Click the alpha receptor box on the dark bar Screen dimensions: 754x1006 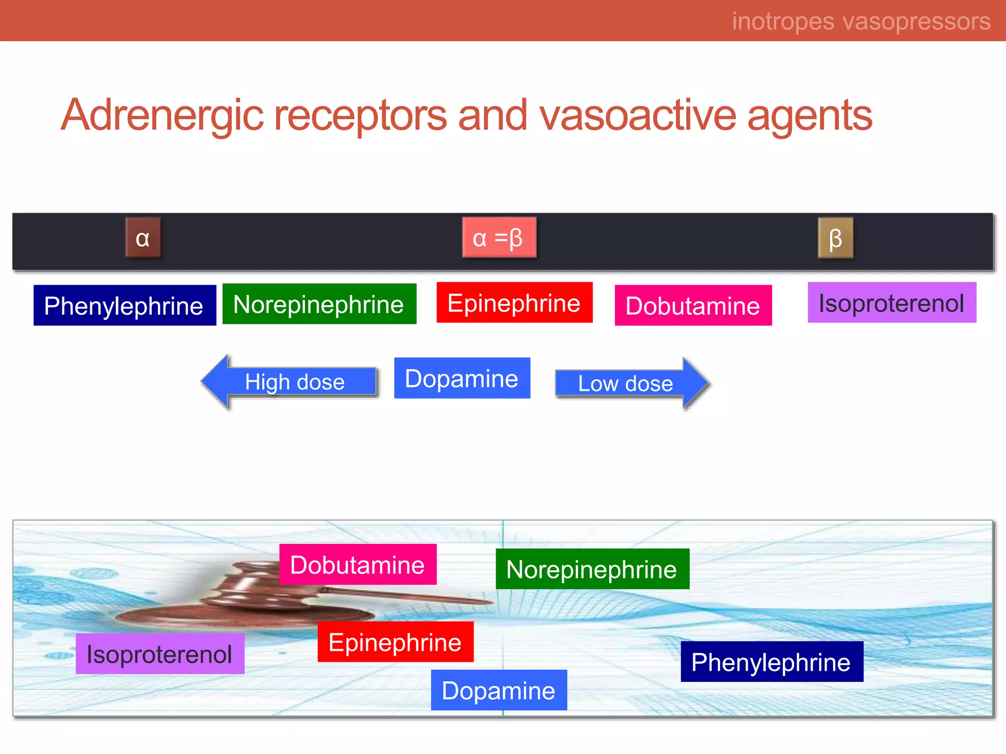click(x=142, y=238)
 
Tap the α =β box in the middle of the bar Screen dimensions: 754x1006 click(x=499, y=238)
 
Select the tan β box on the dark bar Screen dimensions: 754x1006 click(x=835, y=238)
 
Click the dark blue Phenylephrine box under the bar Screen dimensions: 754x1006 click(x=125, y=305)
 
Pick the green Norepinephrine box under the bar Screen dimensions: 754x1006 click(x=319, y=304)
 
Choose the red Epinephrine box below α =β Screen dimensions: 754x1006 click(x=514, y=302)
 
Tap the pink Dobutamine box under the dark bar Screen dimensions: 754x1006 click(x=693, y=305)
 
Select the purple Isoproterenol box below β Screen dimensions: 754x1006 click(x=892, y=302)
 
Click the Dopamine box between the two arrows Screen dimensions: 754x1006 click(x=462, y=378)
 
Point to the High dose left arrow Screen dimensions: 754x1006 click(x=290, y=382)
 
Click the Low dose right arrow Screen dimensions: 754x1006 click(x=631, y=383)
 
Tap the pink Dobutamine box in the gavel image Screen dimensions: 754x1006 click(x=358, y=565)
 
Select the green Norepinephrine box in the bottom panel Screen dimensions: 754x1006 click(x=592, y=569)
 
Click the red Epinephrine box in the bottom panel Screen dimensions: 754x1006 click(x=395, y=642)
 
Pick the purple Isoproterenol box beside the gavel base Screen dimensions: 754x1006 click(x=160, y=653)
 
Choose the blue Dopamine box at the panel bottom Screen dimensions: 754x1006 click(x=499, y=690)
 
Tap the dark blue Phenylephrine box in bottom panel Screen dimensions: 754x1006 click(x=772, y=661)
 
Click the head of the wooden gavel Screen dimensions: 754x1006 click(x=246, y=587)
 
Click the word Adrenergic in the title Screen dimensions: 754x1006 click(x=162, y=115)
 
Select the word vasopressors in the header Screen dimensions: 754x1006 click(x=917, y=21)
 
